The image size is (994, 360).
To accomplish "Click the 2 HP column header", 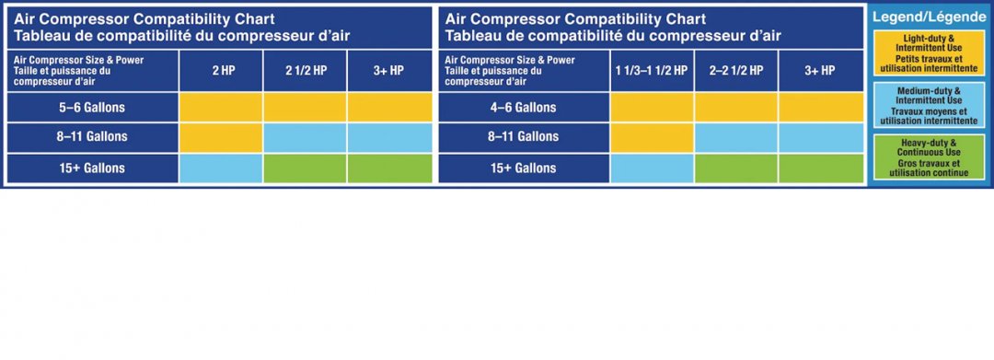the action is pyautogui.click(x=221, y=71).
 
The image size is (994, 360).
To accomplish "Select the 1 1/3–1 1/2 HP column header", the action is pyautogui.click(x=652, y=71).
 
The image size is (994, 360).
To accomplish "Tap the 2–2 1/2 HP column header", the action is pyautogui.click(x=736, y=71).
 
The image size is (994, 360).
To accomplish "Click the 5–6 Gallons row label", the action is pyautogui.click(x=92, y=107).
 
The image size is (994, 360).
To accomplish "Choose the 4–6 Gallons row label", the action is pyautogui.click(x=524, y=107).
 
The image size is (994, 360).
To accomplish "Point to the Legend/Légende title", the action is pyautogui.click(x=930, y=17).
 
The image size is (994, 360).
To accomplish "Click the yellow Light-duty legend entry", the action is pyautogui.click(x=929, y=52).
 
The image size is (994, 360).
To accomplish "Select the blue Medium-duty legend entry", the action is pyautogui.click(x=929, y=105).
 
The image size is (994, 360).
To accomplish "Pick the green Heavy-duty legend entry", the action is pyautogui.click(x=929, y=157).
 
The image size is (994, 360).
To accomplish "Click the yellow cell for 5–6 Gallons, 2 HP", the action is pyautogui.click(x=221, y=107).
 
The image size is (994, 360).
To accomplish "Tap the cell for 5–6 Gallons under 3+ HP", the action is pyautogui.click(x=389, y=107).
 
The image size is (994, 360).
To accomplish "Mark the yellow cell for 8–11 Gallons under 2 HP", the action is pyautogui.click(x=221, y=137).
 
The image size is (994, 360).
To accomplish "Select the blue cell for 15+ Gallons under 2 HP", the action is pyautogui.click(x=221, y=168).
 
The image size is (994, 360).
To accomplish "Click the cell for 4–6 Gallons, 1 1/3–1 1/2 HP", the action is pyautogui.click(x=652, y=107).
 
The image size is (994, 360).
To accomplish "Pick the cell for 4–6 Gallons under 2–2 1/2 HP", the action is pyautogui.click(x=736, y=107).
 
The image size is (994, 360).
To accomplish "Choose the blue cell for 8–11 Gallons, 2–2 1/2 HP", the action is pyautogui.click(x=736, y=137).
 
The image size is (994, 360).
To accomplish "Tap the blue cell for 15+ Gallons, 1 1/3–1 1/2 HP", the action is pyautogui.click(x=652, y=168).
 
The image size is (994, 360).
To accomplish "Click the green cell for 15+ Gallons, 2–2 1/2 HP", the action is pyautogui.click(x=736, y=168).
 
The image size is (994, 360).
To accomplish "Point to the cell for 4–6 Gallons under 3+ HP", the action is pyautogui.click(x=821, y=107).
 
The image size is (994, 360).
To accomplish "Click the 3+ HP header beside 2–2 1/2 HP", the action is pyautogui.click(x=821, y=71).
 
